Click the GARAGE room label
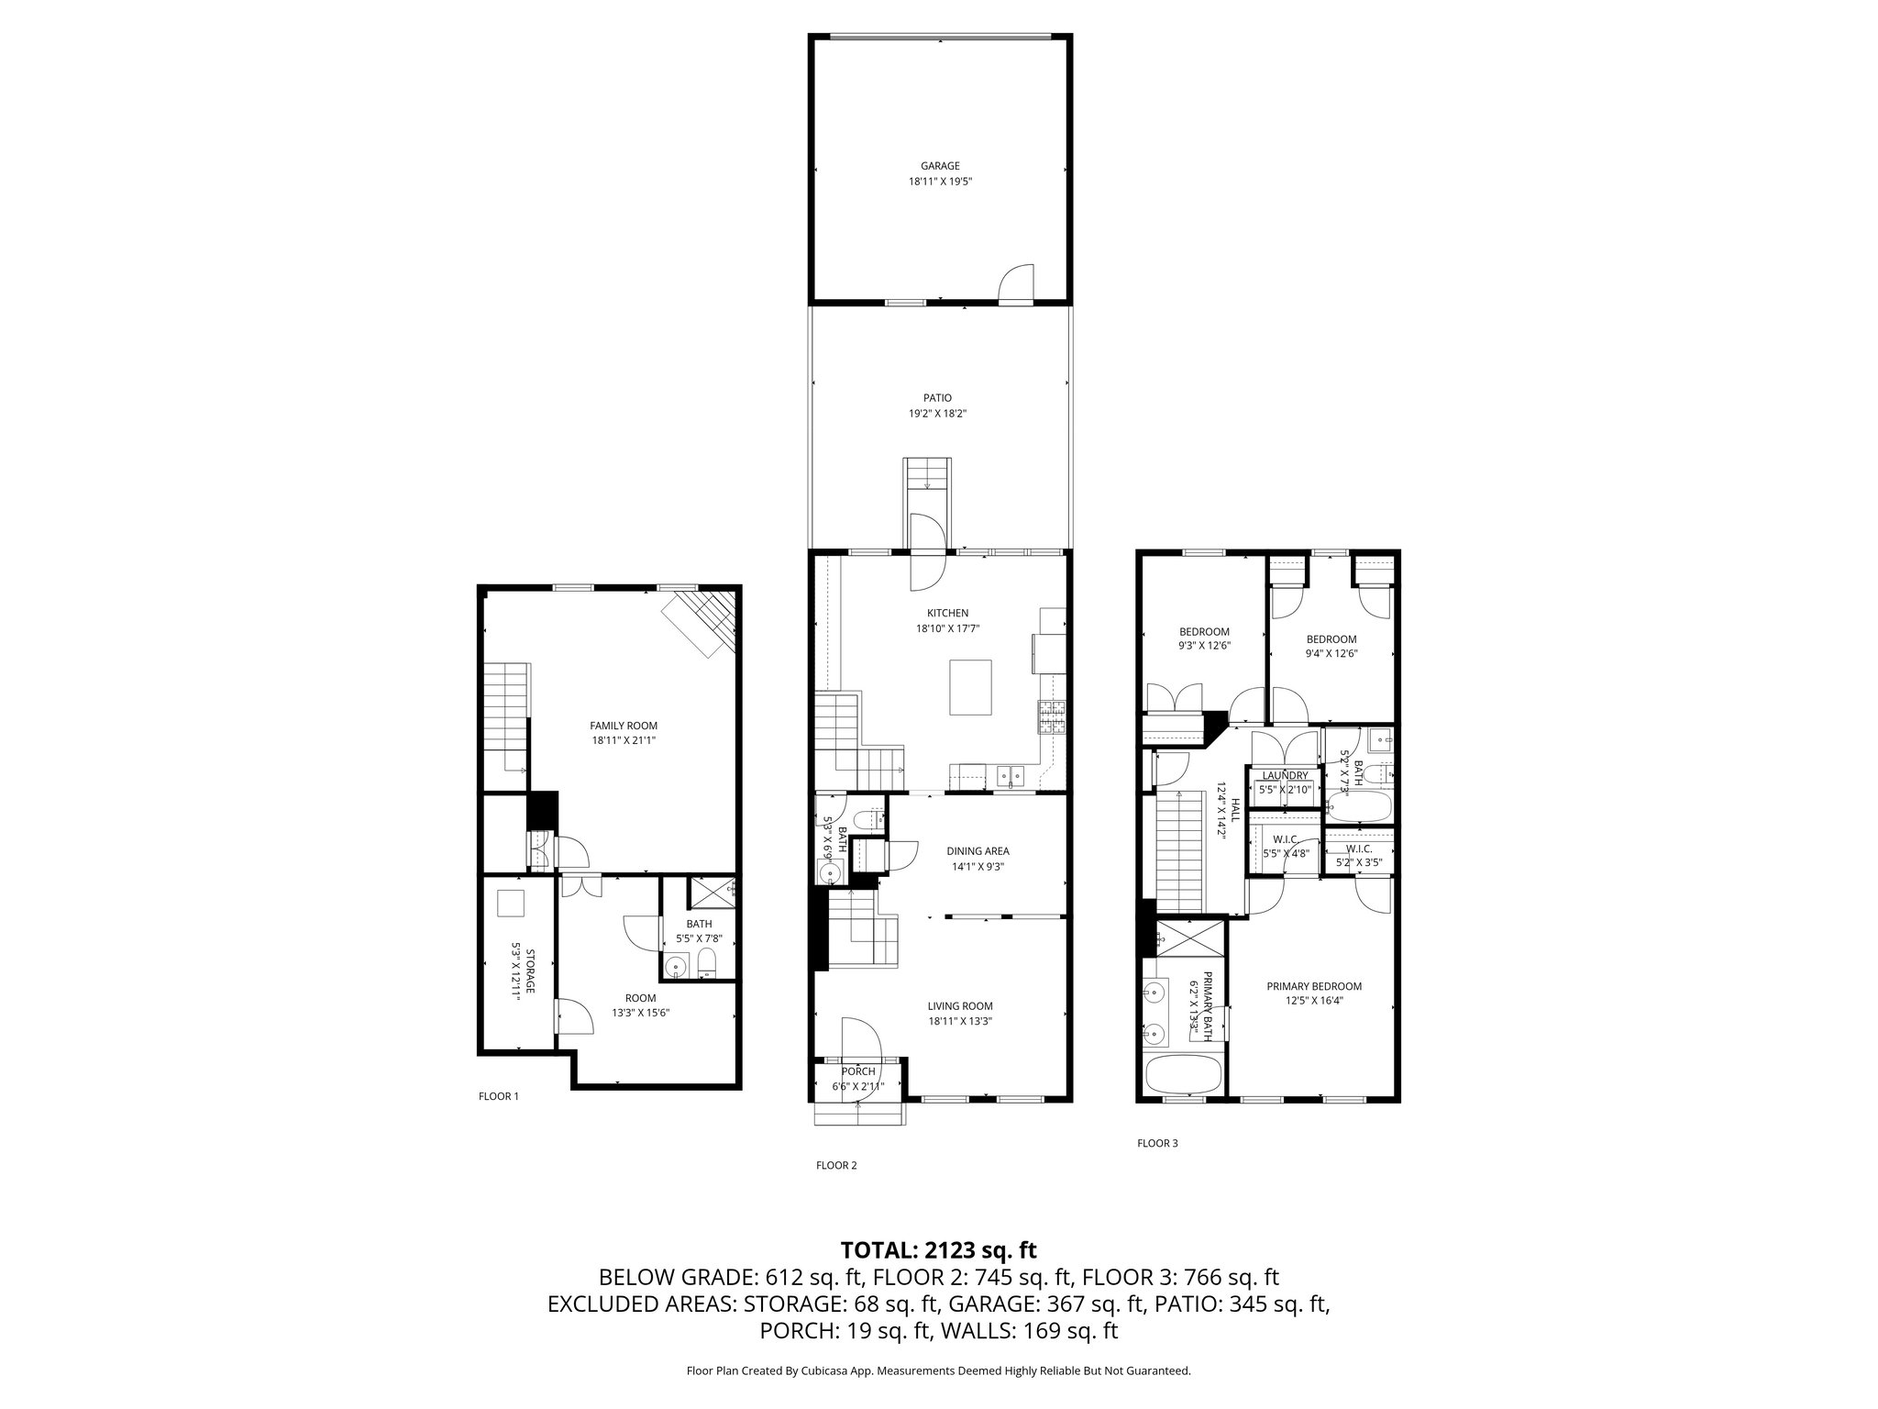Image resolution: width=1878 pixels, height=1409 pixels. (940, 166)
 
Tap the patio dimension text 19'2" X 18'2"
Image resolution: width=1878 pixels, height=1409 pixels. (937, 414)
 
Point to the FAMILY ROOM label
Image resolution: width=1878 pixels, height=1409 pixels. (624, 726)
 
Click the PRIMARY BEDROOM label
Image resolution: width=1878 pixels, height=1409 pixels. (1313, 986)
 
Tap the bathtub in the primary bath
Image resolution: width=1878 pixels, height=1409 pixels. (1183, 1074)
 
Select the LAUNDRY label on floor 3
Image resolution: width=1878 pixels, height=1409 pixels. (1285, 775)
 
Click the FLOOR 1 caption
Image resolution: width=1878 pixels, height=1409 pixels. (499, 1096)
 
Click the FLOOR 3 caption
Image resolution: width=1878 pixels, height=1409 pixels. (1157, 1143)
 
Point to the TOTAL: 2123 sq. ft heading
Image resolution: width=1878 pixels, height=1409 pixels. (938, 1249)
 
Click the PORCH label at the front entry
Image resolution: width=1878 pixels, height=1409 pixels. (858, 1071)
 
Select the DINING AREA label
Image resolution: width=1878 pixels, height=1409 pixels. (978, 851)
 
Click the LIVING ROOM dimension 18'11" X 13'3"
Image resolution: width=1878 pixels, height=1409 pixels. (960, 1021)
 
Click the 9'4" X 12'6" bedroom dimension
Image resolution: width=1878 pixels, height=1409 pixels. (1331, 654)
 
